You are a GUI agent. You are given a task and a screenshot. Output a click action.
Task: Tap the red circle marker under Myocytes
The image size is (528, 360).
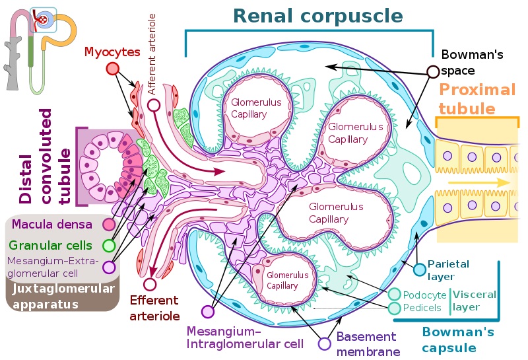tap(112, 69)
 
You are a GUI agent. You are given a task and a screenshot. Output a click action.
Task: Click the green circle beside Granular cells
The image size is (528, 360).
tap(110, 246)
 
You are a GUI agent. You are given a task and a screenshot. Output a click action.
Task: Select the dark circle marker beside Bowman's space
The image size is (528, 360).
tap(433, 71)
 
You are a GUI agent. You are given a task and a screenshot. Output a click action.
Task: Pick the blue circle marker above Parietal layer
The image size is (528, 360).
tap(418, 269)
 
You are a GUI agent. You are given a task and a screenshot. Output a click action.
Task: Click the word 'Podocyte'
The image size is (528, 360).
tap(422, 295)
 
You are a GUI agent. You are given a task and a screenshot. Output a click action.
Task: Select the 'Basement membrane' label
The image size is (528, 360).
tap(366, 344)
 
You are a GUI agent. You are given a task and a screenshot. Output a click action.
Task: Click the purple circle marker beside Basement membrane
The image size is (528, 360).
tap(324, 343)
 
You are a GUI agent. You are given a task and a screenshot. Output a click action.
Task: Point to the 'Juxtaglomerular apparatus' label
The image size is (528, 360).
tap(62, 297)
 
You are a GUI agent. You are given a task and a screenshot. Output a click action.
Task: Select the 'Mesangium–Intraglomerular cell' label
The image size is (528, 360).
tap(245, 337)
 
